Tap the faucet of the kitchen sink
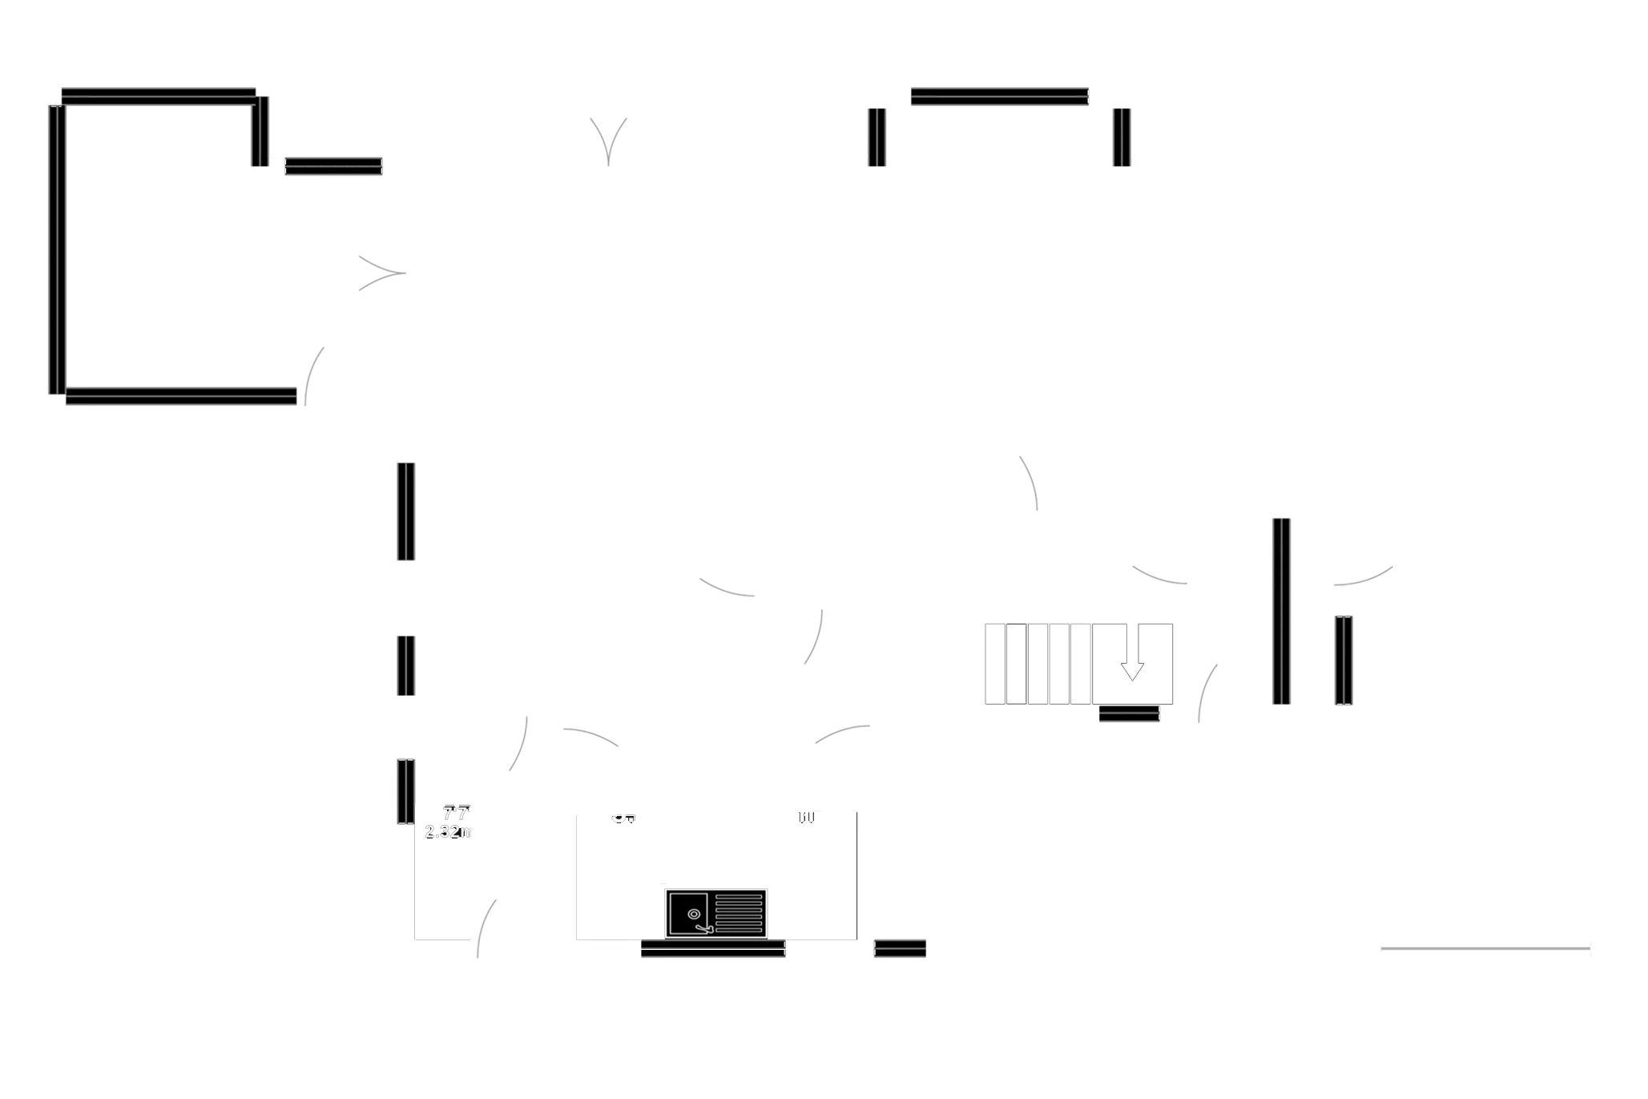[704, 928]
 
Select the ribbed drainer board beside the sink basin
[738, 912]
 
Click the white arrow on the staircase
[1132, 669]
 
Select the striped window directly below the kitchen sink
[712, 951]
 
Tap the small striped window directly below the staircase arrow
[1129, 714]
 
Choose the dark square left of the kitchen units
[518, 871]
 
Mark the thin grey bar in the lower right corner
[1485, 949]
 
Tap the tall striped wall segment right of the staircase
[1280, 611]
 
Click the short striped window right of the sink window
[900, 948]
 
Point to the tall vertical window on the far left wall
[54, 249]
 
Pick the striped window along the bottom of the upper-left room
[181, 398]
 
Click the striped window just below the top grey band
[999, 96]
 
